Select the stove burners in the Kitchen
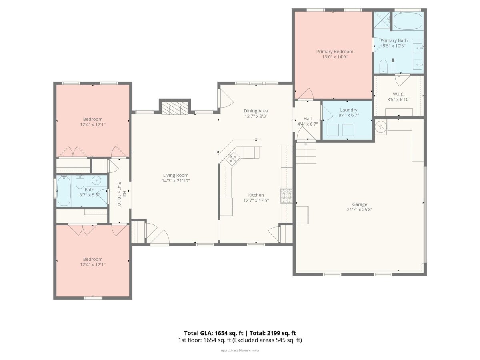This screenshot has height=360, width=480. coord(286,196)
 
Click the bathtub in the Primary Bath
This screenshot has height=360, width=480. coord(408,20)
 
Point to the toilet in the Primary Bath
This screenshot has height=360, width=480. coord(383,66)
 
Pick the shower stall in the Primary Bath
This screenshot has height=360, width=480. coord(382,20)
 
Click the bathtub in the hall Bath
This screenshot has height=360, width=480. coord(64,191)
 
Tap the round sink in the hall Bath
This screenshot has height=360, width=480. coord(96,180)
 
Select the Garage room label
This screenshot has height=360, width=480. coord(360,204)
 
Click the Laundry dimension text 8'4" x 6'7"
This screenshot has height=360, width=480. coord(348,115)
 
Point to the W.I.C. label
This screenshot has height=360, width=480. coord(398,94)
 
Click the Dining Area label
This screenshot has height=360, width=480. coord(256,111)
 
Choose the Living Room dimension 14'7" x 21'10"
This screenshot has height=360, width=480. coord(176,180)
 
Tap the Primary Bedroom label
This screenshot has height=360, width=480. coord(334,52)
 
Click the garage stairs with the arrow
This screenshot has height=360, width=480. coord(306,153)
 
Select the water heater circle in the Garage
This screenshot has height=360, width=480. coord(381,126)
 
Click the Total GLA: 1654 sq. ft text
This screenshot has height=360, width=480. coord(214,333)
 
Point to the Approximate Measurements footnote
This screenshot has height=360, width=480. coord(240,350)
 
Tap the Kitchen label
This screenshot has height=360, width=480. coord(256,195)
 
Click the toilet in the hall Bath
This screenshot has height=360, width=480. coord(80,182)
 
